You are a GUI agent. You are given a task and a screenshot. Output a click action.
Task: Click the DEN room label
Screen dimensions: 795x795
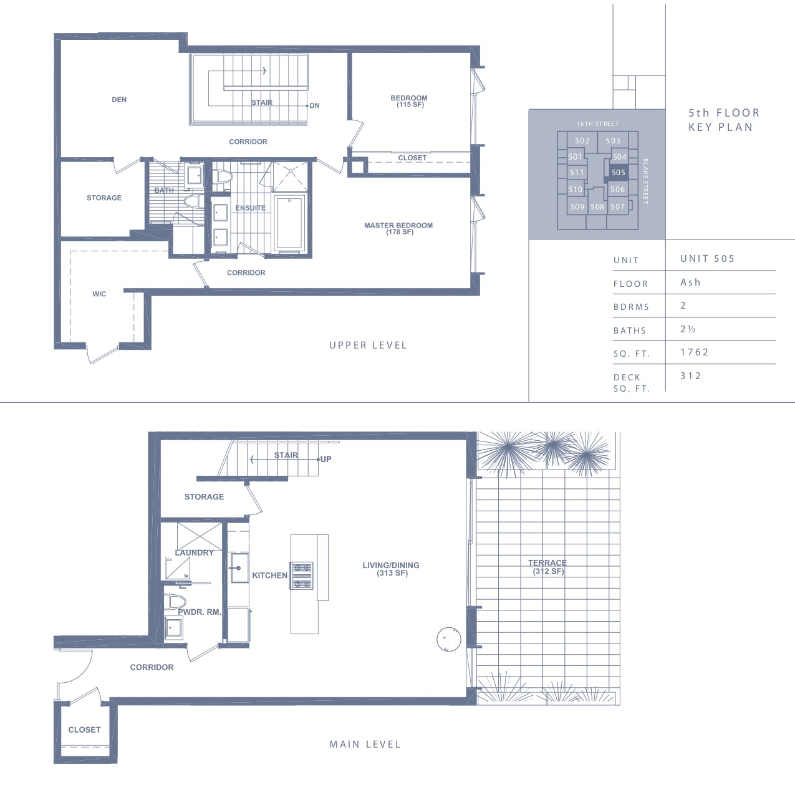(119, 99)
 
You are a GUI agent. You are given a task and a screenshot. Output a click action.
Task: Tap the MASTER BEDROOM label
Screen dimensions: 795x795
(398, 225)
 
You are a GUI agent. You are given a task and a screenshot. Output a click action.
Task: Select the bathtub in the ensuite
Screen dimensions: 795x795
(289, 223)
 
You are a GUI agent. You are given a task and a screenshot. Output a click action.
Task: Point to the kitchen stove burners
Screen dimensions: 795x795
(302, 576)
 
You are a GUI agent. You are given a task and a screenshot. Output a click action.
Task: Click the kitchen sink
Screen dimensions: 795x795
(239, 567)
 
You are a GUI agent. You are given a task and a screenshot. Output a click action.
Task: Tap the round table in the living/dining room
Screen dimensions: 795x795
(449, 640)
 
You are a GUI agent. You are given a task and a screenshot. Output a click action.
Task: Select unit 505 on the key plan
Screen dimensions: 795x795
(619, 173)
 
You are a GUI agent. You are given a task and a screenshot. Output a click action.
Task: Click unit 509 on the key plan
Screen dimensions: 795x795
(577, 206)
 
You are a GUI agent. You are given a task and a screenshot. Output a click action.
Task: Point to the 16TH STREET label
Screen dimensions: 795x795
(598, 123)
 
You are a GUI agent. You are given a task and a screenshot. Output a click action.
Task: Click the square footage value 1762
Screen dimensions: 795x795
(695, 352)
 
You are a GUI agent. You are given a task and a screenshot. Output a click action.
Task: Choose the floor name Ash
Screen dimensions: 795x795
(691, 282)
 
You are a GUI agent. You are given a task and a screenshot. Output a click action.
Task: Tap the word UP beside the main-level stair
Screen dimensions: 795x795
(326, 459)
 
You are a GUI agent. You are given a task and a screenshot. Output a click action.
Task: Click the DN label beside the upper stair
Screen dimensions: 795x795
(314, 105)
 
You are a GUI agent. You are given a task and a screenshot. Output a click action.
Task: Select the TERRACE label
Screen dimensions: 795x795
(547, 562)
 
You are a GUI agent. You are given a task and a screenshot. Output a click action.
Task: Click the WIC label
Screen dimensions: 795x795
(99, 294)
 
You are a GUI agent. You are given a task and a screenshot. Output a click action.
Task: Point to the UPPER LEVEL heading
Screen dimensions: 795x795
(368, 345)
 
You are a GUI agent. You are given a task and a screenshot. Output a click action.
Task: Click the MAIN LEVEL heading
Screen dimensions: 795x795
(365, 744)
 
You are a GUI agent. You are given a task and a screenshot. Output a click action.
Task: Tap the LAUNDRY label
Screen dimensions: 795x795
(195, 552)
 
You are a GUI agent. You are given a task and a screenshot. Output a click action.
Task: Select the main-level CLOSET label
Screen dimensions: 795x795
(85, 730)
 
